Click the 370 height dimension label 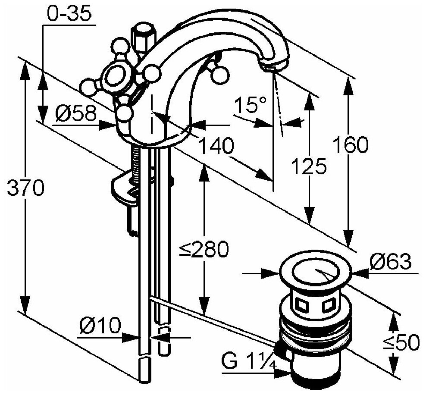click(25, 188)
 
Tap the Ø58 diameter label click(76, 114)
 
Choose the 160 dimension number click(350, 145)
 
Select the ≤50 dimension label click(401, 343)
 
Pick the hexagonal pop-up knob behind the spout click(142, 37)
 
